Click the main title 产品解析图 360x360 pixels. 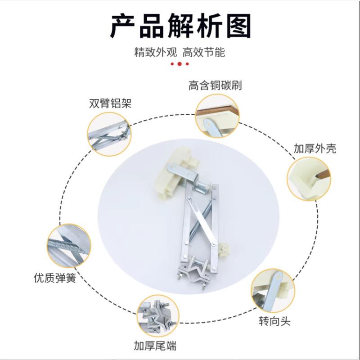(180, 26)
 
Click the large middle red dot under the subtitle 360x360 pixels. (180, 64)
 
